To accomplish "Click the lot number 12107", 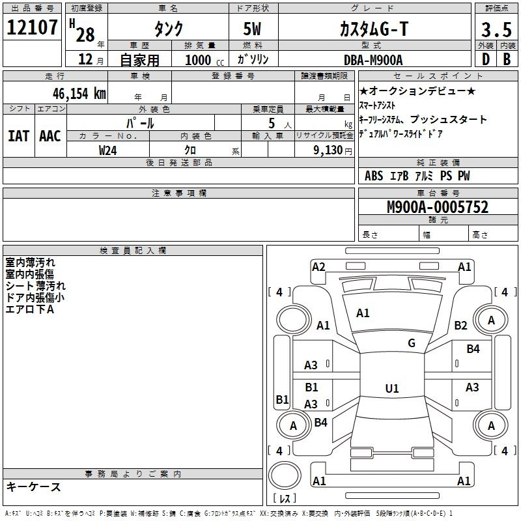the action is pyautogui.click(x=32, y=27).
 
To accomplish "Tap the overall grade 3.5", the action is pyautogui.click(x=496, y=29).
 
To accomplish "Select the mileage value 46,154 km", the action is pyautogui.click(x=79, y=94).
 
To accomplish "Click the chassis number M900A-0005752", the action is pyautogui.click(x=438, y=207).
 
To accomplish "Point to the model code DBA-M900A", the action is pyautogui.click(x=373, y=60).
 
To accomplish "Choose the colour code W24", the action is pyautogui.click(x=107, y=150).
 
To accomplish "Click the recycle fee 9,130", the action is pyautogui.click(x=328, y=150).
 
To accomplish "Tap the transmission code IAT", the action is pyautogui.click(x=19, y=136).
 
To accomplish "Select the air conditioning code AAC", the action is pyautogui.click(x=50, y=136).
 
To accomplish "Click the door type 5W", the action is pyautogui.click(x=252, y=29).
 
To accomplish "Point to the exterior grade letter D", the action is pyautogui.click(x=486, y=59).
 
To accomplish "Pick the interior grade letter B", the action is pyautogui.click(x=507, y=59).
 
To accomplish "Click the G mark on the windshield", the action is pyautogui.click(x=412, y=343).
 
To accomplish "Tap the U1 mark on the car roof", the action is pyautogui.click(x=392, y=388).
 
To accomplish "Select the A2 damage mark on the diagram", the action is pyautogui.click(x=318, y=267).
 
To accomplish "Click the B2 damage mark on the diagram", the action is pyautogui.click(x=460, y=325).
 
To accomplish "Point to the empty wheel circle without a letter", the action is pyautogui.click(x=293, y=320).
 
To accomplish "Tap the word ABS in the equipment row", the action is pyautogui.click(x=374, y=176).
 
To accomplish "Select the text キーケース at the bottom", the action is pyautogui.click(x=34, y=486).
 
